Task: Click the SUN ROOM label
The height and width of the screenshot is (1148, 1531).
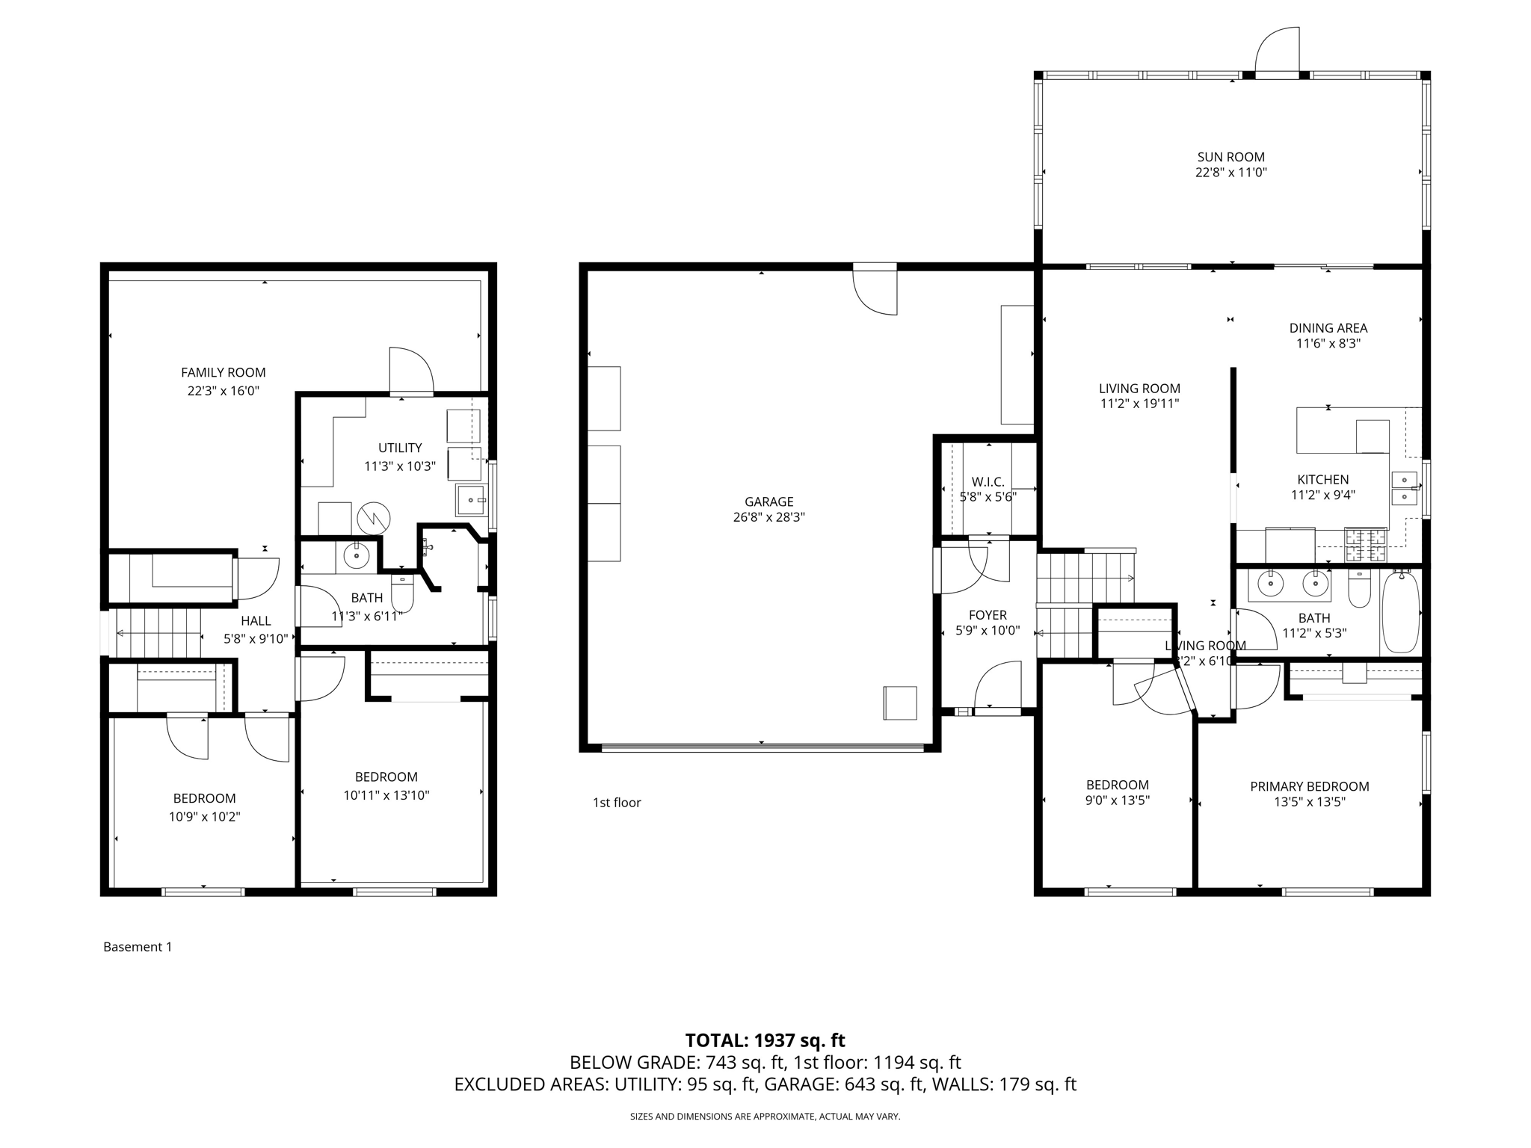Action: point(1230,157)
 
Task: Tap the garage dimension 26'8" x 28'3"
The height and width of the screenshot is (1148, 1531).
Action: point(768,517)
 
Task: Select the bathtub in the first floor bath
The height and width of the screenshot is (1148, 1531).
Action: point(1399,611)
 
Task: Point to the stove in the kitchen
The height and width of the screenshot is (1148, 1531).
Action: point(1365,544)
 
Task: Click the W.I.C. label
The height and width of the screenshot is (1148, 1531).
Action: point(988,481)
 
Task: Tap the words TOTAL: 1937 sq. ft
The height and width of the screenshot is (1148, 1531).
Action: point(765,1040)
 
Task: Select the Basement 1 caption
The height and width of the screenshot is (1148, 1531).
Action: point(138,947)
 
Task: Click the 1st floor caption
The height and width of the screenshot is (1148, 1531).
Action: point(617,803)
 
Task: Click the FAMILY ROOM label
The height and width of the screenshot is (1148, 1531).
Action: point(223,372)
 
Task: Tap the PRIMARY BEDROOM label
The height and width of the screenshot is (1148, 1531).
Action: point(1310,786)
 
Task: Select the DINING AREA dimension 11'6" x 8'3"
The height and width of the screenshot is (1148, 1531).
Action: point(1328,344)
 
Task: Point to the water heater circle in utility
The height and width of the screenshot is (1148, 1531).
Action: point(374,517)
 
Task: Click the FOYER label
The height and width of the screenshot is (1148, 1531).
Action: point(988,615)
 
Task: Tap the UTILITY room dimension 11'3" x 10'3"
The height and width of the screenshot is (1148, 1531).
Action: point(400,466)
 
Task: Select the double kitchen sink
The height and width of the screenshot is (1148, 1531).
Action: point(1404,488)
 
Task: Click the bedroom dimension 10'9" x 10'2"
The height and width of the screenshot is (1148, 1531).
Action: point(204,817)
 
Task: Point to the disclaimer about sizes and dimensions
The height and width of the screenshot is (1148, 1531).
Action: point(765,1117)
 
